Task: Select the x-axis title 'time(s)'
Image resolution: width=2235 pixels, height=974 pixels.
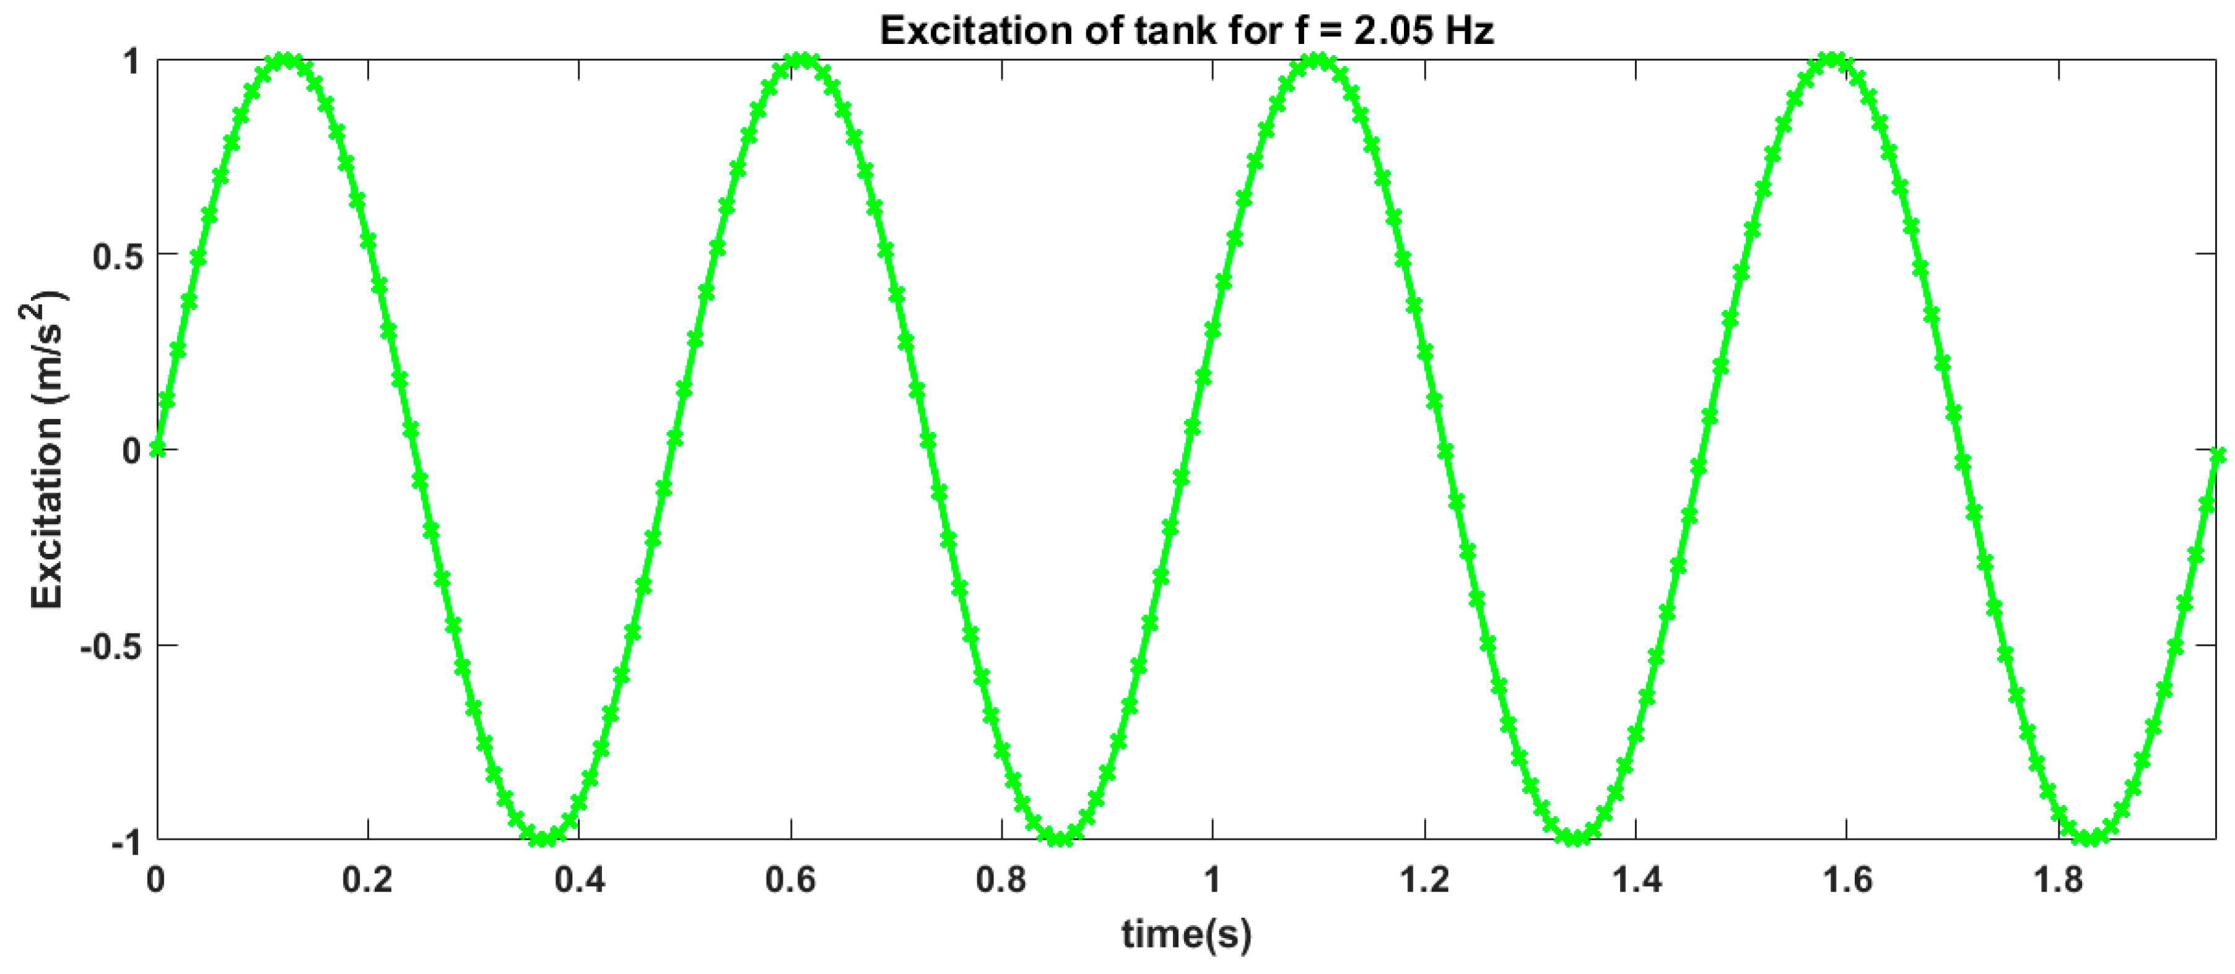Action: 1186,934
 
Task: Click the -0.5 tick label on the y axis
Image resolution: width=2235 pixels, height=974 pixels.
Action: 110,646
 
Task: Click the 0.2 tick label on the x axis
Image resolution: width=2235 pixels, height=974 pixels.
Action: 367,879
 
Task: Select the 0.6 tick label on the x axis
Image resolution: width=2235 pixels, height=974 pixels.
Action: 790,879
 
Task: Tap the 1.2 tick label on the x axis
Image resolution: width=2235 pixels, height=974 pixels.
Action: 1424,879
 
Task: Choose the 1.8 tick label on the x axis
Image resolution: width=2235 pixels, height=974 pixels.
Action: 2058,879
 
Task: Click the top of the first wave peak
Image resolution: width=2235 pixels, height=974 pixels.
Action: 286,60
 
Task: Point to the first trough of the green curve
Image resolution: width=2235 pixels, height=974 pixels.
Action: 543,838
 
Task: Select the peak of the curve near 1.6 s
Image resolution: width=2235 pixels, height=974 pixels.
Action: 1832,60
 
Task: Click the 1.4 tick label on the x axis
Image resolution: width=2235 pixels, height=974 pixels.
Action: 1636,879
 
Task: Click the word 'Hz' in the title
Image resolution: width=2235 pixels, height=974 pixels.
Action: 1470,31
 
